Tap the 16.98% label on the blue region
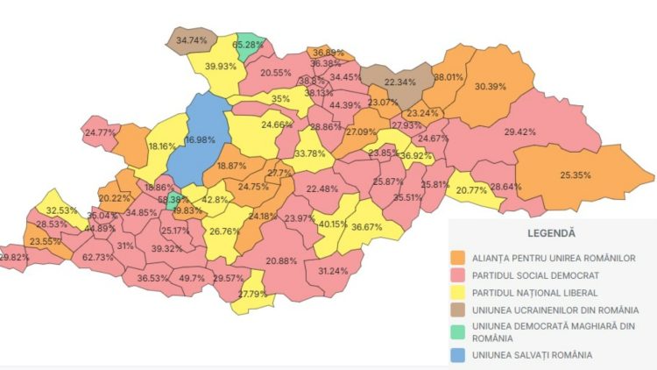pyautogui.click(x=201, y=139)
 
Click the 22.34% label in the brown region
pyautogui.click(x=394, y=82)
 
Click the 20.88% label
pyautogui.click(x=281, y=260)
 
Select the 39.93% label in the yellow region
pyautogui.click(x=222, y=67)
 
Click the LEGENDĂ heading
pyautogui.click(x=551, y=234)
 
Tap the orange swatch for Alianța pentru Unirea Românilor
pyautogui.click(x=457, y=257)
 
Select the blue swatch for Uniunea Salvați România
pyautogui.click(x=457, y=354)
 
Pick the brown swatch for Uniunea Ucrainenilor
pyautogui.click(x=457, y=310)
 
